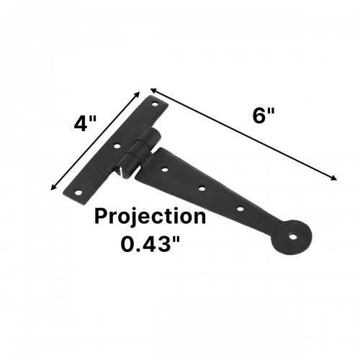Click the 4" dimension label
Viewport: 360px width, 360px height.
(85, 123)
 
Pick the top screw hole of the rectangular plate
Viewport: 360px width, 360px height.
(153, 106)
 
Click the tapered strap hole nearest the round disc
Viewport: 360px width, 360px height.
(240, 209)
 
